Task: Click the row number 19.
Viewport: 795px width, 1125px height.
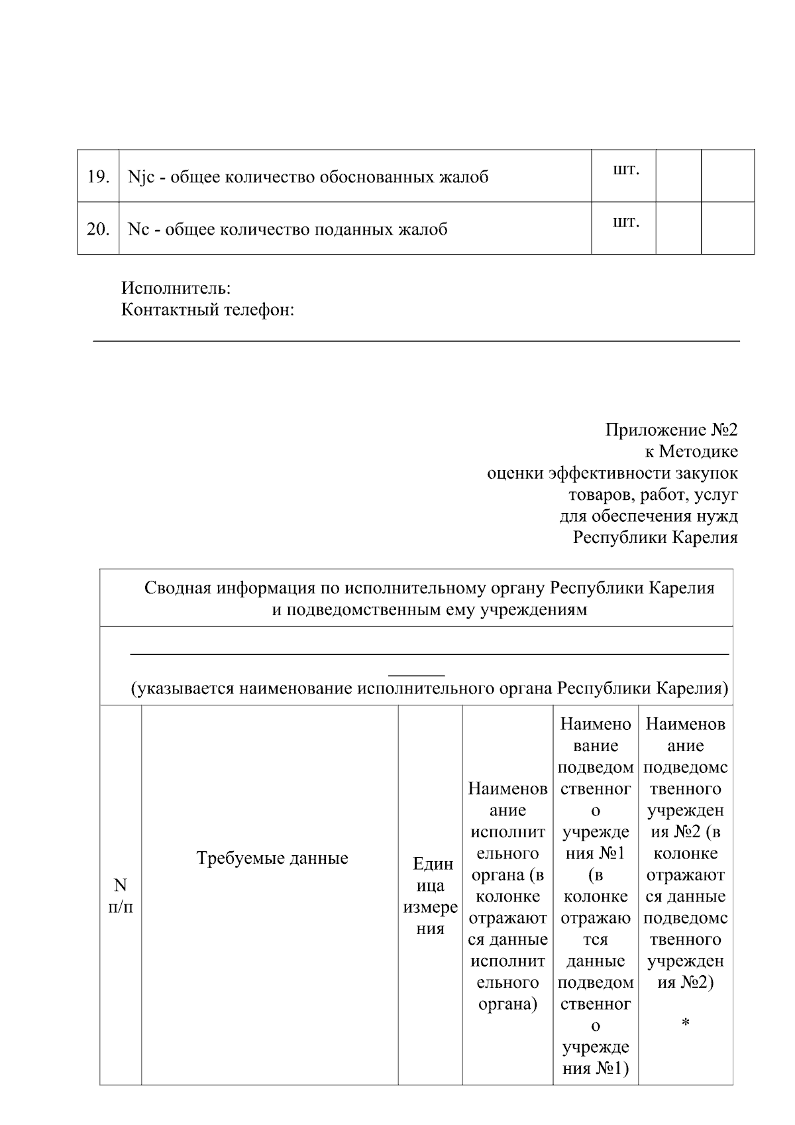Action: [x=98, y=177]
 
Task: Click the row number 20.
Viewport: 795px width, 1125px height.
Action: [x=98, y=229]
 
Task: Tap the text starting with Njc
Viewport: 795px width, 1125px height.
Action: [x=308, y=177]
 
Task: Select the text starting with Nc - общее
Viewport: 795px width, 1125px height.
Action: [x=288, y=229]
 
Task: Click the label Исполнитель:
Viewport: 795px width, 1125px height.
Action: [x=176, y=288]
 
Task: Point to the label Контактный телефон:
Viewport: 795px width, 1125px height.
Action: [x=207, y=310]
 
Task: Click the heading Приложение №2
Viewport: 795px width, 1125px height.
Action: [x=671, y=430]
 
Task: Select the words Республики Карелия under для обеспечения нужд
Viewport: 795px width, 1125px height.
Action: [x=655, y=537]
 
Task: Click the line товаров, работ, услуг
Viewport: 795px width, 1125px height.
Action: [x=653, y=495]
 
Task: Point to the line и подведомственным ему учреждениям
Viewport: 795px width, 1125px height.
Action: [x=429, y=609]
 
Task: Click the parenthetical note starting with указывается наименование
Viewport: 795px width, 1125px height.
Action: [x=429, y=689]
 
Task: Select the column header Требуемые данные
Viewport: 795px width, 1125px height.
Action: [x=272, y=859]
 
